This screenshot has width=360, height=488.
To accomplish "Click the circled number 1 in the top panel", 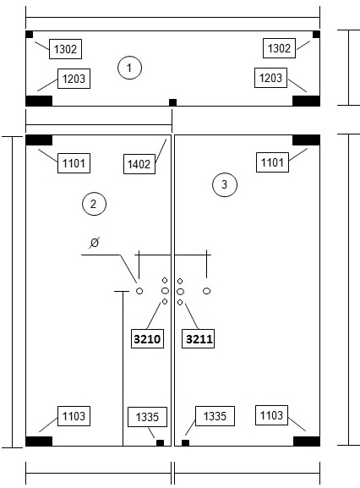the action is [x=129, y=68].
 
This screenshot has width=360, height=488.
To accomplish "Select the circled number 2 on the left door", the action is [x=94, y=204].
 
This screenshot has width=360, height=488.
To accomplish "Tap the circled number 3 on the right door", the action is [x=225, y=184].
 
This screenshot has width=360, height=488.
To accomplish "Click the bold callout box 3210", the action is [x=147, y=338].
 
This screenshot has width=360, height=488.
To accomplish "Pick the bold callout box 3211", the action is [x=199, y=338].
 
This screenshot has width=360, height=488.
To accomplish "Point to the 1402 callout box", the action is [x=139, y=164].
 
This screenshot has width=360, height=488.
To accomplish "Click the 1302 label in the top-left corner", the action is [x=65, y=49].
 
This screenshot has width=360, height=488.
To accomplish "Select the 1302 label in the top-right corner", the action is [x=279, y=48].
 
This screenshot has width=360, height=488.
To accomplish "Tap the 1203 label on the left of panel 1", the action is [x=74, y=79].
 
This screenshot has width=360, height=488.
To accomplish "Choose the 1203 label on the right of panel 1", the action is [x=270, y=78].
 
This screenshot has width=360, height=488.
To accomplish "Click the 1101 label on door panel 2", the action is [x=74, y=163].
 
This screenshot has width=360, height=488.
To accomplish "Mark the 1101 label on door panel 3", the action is [x=272, y=162].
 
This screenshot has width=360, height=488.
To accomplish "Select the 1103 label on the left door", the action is [x=74, y=416].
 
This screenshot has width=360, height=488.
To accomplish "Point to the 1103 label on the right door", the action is [x=272, y=415].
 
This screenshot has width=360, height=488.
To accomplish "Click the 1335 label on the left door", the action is [x=147, y=417].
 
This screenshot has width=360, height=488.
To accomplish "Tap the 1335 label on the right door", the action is [x=215, y=416].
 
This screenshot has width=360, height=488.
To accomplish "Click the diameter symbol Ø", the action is [x=94, y=242].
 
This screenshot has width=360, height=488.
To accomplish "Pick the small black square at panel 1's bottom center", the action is [x=173, y=102].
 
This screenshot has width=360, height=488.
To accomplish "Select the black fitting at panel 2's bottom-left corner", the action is [x=39, y=441].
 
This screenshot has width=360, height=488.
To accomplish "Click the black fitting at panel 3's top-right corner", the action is [x=306, y=140].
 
